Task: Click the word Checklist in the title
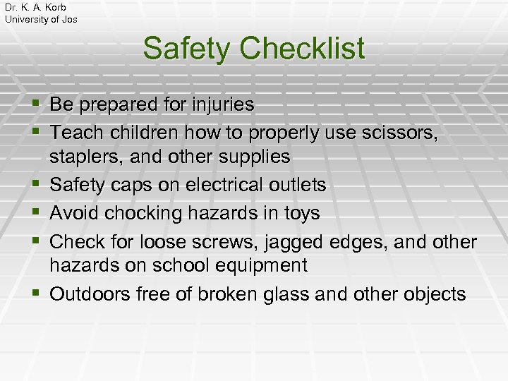301,49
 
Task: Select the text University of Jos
41,19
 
